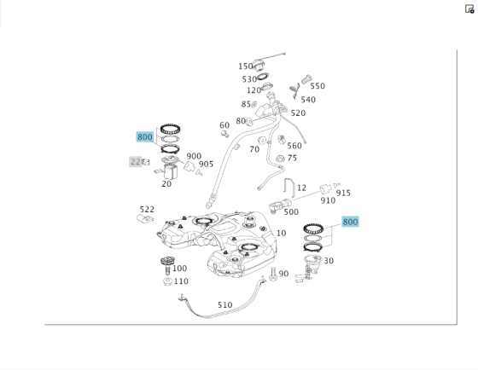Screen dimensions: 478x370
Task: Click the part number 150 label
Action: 246,66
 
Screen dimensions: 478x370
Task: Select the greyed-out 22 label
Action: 136,162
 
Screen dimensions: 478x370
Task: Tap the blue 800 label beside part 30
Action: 350,222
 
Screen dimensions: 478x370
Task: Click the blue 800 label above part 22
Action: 144,137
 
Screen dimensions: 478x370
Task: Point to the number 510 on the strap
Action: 225,305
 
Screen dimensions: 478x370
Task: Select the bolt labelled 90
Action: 273,274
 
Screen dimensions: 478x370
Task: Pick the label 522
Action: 147,210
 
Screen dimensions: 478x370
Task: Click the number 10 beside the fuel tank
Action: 282,234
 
